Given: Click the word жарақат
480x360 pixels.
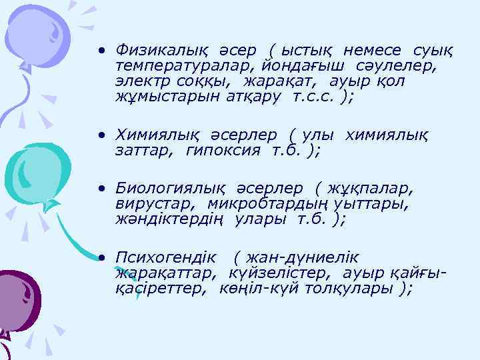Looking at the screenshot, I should [273, 81].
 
